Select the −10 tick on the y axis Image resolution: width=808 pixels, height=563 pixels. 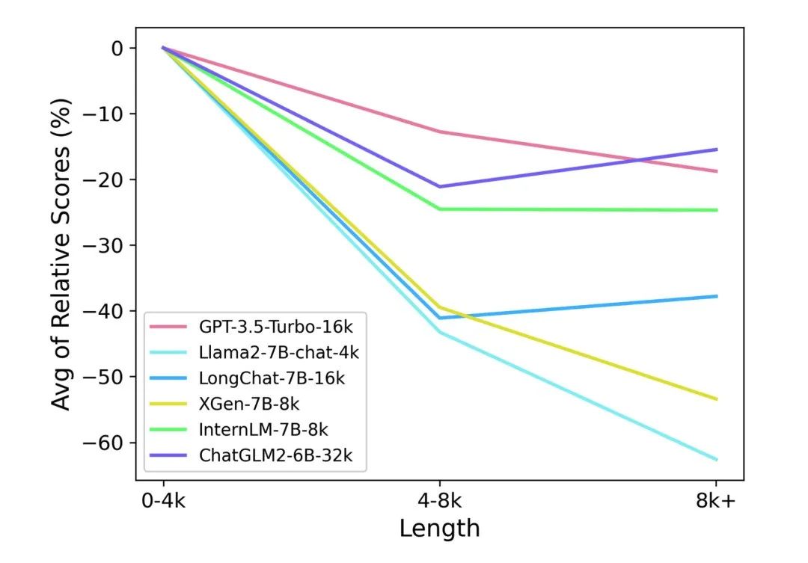click(x=108, y=114)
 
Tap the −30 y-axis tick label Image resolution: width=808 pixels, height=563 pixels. click(x=108, y=245)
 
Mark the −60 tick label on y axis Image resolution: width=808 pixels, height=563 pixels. click(x=108, y=443)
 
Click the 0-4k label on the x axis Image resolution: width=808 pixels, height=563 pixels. click(x=163, y=501)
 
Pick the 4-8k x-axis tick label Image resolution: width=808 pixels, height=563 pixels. click(x=439, y=501)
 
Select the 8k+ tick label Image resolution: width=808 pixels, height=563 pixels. click(x=715, y=501)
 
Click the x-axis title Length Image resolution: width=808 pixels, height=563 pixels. click(x=439, y=529)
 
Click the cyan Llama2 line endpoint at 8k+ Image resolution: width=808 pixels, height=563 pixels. click(x=717, y=459)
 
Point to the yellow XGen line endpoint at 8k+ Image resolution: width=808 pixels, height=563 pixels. click(x=717, y=399)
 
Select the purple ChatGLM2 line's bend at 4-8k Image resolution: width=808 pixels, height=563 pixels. click(x=439, y=186)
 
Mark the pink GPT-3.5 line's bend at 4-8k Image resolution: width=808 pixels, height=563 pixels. click(x=439, y=132)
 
